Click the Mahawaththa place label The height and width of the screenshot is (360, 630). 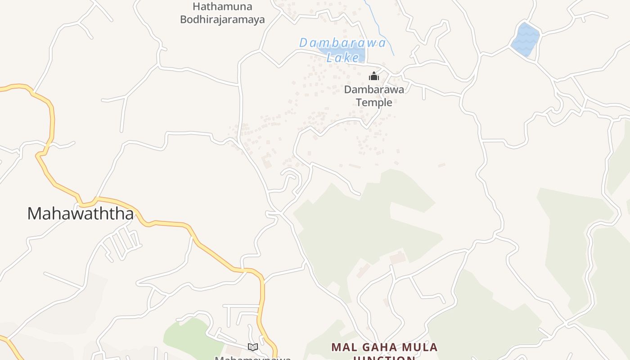(81, 213)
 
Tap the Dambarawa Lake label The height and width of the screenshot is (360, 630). (343, 49)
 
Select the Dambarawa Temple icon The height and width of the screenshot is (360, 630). (373, 76)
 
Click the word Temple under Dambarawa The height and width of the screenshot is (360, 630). (374, 103)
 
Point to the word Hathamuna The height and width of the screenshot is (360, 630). (222, 7)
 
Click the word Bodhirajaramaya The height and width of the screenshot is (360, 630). (222, 20)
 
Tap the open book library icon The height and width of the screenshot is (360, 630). (253, 347)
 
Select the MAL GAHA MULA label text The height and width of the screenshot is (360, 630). (384, 347)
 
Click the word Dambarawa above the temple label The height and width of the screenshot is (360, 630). (374, 90)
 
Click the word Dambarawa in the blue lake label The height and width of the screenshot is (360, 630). (343, 43)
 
